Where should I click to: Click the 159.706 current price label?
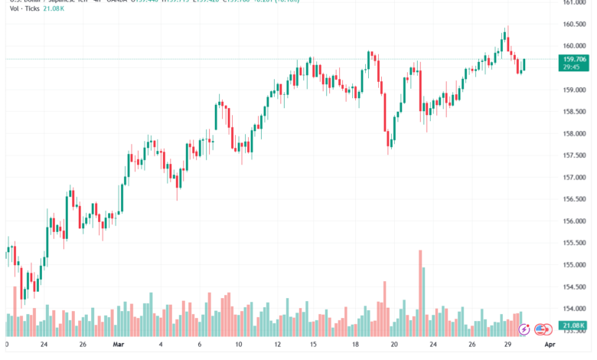574,59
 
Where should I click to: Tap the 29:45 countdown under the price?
570,67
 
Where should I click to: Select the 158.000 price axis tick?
574,133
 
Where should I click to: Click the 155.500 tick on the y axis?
574,243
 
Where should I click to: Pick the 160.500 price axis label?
574,24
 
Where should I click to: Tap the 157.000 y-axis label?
574,177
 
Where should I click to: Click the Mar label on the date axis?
117,345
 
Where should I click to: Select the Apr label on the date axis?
550,345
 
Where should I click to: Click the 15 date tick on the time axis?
313,345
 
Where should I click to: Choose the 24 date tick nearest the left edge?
44,345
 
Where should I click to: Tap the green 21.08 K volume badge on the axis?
574,325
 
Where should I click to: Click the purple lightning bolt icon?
524,330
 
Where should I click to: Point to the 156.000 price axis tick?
574,221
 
